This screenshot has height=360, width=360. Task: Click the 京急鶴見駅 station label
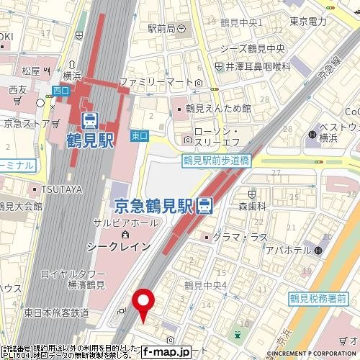[x=154, y=206]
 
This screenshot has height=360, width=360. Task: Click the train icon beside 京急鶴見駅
[x=205, y=206]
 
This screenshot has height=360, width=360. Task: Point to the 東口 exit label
[x=140, y=135]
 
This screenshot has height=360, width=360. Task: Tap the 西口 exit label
[x=60, y=91]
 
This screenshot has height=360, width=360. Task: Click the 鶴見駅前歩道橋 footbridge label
[x=215, y=161]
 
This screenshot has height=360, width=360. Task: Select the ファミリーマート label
[x=160, y=81]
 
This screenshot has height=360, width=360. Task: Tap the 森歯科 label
[x=253, y=206]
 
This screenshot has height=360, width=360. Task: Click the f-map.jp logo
[x=166, y=352]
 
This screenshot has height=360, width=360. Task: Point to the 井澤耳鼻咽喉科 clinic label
[x=257, y=66]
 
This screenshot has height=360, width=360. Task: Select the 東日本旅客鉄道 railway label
[x=55, y=312]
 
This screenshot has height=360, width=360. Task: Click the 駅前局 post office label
[x=161, y=29]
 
